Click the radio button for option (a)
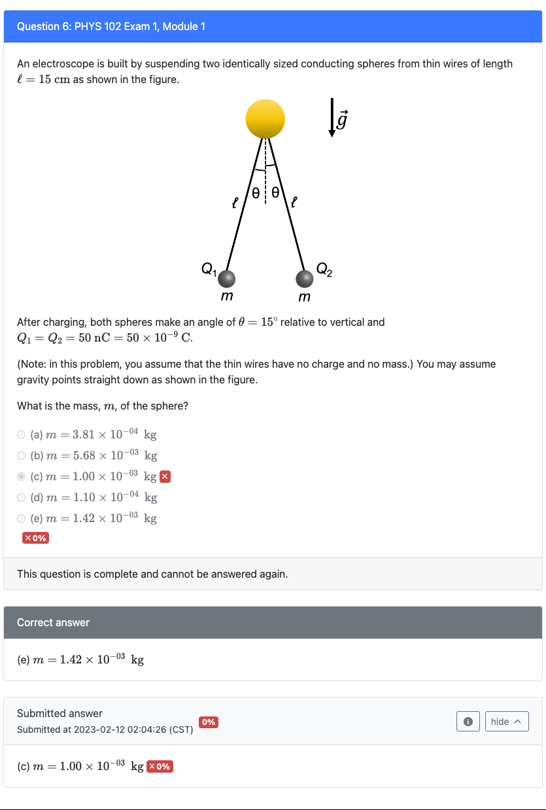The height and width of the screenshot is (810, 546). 22,434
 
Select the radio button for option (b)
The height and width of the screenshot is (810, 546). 22,455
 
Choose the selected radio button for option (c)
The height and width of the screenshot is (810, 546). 22,476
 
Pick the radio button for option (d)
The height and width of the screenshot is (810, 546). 22,497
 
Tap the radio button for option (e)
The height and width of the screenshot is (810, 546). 22,518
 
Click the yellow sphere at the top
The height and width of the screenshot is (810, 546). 265,119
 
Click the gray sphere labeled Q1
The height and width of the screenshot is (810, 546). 226,279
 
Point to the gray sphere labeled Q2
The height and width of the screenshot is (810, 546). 304,279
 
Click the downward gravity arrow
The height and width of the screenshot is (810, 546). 332,118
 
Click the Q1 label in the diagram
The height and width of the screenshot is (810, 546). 209,268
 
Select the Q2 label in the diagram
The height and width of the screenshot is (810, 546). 324,268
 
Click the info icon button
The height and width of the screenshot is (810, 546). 468,722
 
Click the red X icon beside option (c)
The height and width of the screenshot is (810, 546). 165,476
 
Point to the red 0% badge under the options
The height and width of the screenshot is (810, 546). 35,538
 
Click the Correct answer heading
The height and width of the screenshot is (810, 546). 53,622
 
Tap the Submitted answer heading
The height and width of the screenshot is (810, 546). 60,713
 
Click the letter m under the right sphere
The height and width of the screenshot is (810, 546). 304,298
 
